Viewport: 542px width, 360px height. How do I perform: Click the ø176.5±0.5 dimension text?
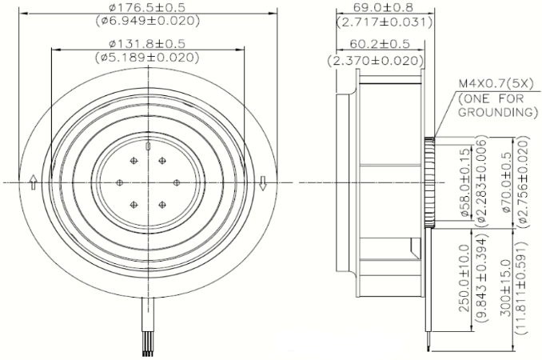point(147,7)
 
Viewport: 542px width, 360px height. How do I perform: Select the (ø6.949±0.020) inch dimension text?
point(148,21)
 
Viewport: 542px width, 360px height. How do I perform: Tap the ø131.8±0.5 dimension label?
point(147,43)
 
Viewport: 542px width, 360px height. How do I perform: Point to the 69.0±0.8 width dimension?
point(384,7)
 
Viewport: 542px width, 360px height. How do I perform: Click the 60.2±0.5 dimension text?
point(380,44)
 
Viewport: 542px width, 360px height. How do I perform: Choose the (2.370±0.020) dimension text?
point(376,61)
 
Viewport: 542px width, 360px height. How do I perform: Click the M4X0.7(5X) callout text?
point(496,84)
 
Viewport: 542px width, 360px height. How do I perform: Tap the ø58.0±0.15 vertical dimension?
point(466,183)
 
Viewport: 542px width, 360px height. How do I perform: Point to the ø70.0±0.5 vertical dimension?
point(506,183)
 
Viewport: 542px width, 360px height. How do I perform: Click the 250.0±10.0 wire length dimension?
point(465,278)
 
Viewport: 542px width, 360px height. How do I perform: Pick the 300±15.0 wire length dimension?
point(505,288)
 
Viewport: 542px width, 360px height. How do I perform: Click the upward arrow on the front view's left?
point(34,182)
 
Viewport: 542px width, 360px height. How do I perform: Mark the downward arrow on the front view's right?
point(263,183)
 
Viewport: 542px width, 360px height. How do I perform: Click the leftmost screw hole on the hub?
point(120,182)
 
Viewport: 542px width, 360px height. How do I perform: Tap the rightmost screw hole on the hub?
point(177,182)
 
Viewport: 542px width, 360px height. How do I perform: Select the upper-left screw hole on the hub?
point(134,161)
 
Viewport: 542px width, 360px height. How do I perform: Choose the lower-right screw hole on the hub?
point(162,205)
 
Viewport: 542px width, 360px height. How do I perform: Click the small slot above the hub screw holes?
point(148,146)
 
